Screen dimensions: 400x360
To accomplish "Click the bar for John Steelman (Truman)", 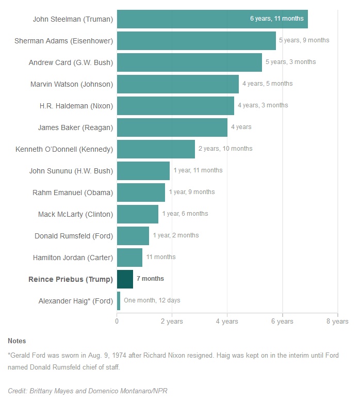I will (x=212, y=19).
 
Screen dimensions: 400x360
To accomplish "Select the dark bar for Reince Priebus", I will (x=125, y=279).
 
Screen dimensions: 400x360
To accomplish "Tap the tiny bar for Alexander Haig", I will (x=119, y=300).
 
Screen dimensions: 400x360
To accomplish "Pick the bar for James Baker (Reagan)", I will (x=172, y=127).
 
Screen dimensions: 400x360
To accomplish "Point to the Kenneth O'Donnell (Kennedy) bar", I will (x=156, y=149).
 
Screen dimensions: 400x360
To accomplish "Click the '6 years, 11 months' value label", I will (x=277, y=19).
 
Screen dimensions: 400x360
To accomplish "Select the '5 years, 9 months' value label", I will (x=304, y=40).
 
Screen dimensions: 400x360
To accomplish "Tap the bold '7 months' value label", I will (x=150, y=279).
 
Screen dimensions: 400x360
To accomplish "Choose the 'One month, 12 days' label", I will (x=152, y=300).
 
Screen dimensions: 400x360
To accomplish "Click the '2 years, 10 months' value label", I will (x=225, y=149).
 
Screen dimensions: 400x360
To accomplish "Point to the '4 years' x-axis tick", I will (x=227, y=322).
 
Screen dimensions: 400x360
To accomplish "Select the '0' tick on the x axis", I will (x=117, y=322).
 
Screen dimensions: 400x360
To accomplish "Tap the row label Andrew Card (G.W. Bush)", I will (x=71, y=62).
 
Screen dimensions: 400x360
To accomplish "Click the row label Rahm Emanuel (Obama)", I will (x=73, y=193).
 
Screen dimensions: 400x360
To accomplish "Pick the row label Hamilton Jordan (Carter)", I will (x=73, y=257).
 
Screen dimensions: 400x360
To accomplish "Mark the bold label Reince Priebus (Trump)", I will (x=70, y=279).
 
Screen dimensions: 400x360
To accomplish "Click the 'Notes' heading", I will (x=17, y=341).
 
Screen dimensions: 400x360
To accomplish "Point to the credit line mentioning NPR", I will (x=88, y=391).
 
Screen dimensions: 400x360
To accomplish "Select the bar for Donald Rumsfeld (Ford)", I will (x=133, y=235).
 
